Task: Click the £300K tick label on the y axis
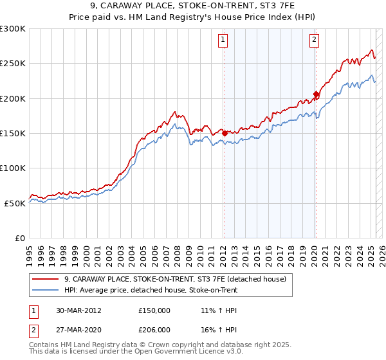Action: (13, 29)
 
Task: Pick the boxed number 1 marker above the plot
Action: (223, 40)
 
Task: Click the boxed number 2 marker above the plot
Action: (315, 40)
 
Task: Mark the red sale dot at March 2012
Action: (225, 133)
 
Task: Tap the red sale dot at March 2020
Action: (316, 94)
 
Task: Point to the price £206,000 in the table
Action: (154, 329)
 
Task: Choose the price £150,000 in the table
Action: (154, 310)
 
